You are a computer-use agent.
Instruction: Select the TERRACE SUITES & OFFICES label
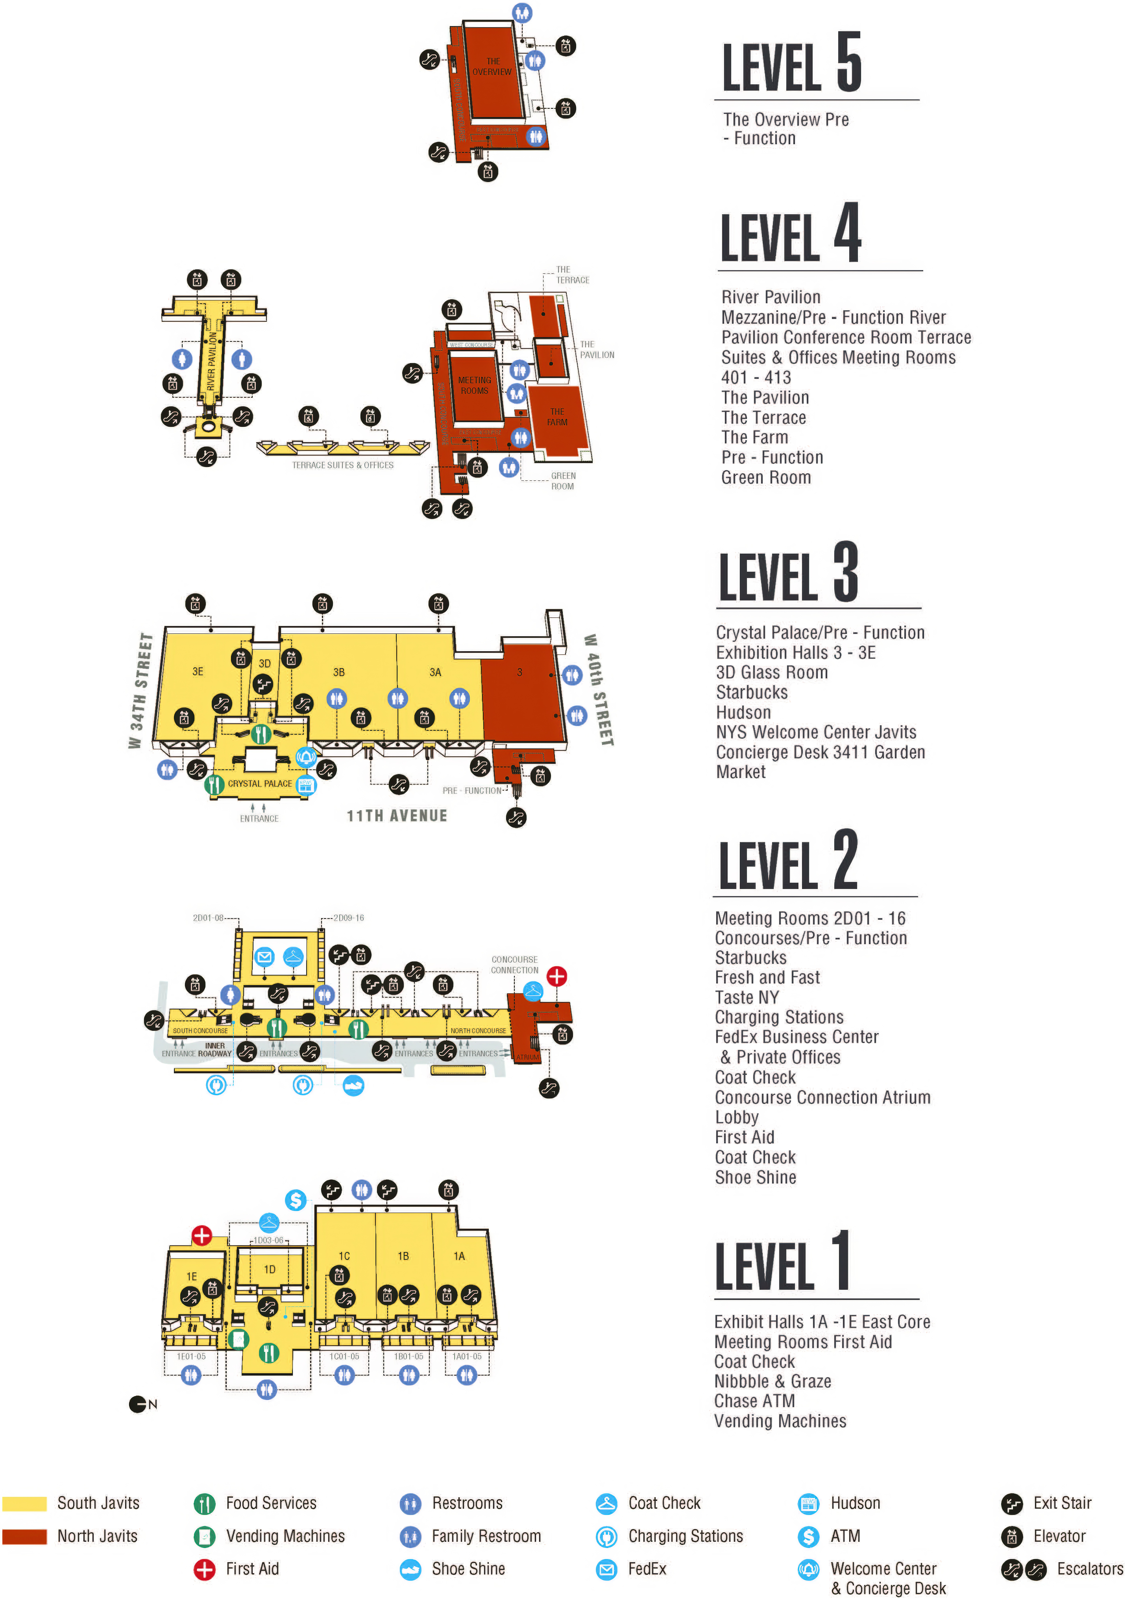342,465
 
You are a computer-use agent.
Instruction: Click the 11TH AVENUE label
397,815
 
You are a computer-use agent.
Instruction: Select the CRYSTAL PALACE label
260,784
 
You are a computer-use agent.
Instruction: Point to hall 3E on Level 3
198,671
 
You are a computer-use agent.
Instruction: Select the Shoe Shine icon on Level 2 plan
354,1085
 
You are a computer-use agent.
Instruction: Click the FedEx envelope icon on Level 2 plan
264,957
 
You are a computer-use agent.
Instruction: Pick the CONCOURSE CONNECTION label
515,964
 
